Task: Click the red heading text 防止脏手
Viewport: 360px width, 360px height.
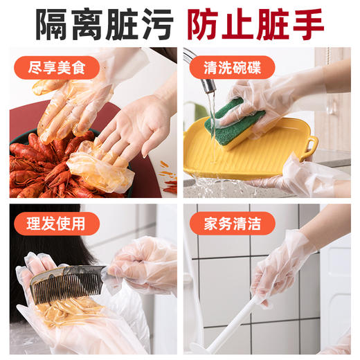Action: pyautogui.click(x=255, y=24)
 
